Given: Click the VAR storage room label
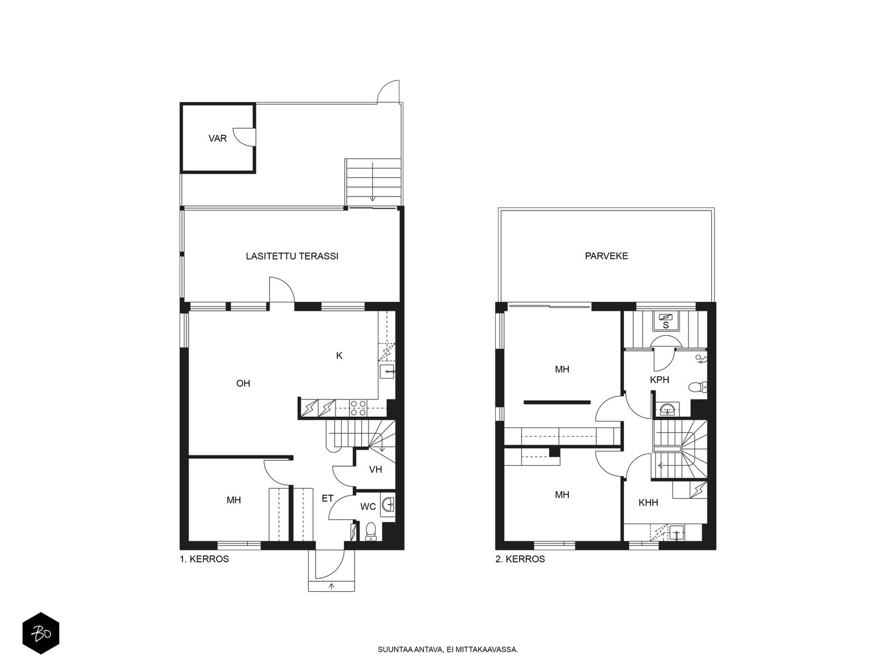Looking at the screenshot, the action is click(x=218, y=138).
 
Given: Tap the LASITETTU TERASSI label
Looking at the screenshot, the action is click(x=292, y=256).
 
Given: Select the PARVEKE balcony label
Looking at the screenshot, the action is click(x=606, y=256).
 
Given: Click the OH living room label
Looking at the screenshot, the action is click(x=243, y=383).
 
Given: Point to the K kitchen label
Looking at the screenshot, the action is click(x=339, y=356).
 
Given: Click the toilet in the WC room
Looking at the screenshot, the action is click(x=371, y=531).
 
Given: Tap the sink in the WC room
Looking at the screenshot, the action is click(x=388, y=505).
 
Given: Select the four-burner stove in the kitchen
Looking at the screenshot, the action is click(x=358, y=408).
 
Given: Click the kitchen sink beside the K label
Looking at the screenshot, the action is click(x=386, y=372).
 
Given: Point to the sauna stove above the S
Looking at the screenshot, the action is click(x=666, y=316).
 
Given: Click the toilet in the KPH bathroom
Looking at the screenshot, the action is click(x=698, y=387).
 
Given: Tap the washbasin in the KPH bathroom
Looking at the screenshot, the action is click(x=668, y=408).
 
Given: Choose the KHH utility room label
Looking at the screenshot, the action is click(x=648, y=503).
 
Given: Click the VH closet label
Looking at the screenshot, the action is click(x=376, y=470).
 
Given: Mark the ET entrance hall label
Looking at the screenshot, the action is click(x=328, y=498).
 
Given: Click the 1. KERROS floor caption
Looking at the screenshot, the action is click(x=204, y=559).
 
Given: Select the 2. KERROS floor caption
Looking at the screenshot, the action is click(x=520, y=559).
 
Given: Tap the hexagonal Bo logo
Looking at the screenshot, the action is click(x=41, y=633).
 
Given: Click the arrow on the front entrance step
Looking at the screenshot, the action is click(x=332, y=586).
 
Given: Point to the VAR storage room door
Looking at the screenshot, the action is click(x=244, y=136).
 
